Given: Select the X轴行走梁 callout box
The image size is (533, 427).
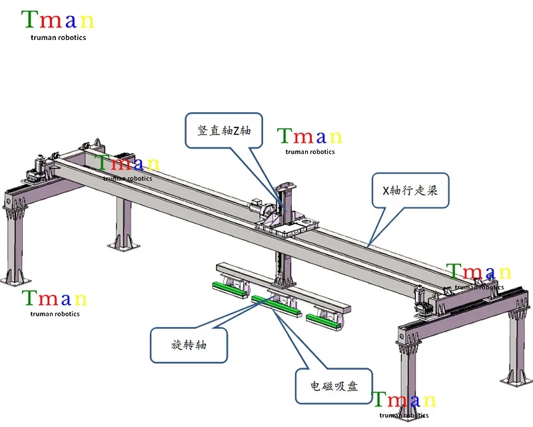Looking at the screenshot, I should point(410,191).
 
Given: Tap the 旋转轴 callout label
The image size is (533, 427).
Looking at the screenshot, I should point(189,345).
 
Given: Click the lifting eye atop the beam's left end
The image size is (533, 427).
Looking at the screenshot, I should point(95,142).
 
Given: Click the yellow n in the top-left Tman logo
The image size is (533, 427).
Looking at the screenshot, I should point(87,21).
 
